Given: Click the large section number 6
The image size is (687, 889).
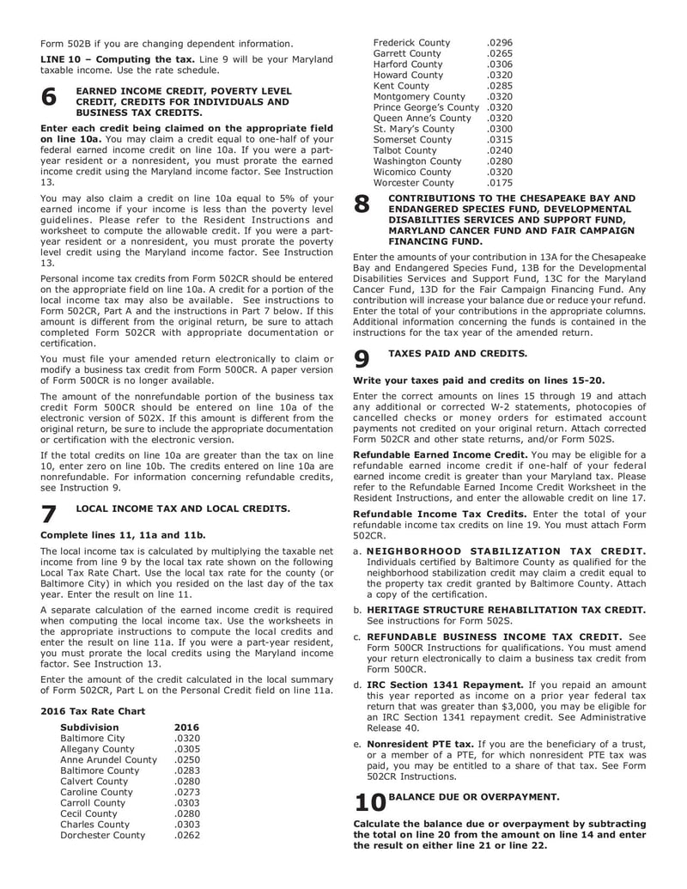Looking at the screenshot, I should pos(49,99).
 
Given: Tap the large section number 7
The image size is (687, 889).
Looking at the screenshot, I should pos(49,515).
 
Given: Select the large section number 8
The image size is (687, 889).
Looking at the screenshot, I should pos(362,204).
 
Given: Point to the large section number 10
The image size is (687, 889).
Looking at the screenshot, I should pos(369,802).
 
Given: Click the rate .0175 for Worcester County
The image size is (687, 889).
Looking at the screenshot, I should pos(499,182).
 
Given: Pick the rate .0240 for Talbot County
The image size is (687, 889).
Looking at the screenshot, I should pos(499,149).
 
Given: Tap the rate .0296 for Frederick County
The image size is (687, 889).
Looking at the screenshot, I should pos(499,42).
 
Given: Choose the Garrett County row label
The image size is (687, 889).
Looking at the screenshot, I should pos(409,53).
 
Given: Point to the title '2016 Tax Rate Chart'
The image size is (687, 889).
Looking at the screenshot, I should pos(93,710).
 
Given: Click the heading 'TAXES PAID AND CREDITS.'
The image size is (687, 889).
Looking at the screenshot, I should pos(458,354).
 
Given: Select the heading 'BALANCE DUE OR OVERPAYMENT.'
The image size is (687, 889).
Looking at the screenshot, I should pos(474,796).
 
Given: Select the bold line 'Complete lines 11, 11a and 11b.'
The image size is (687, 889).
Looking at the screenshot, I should pos(123,535).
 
